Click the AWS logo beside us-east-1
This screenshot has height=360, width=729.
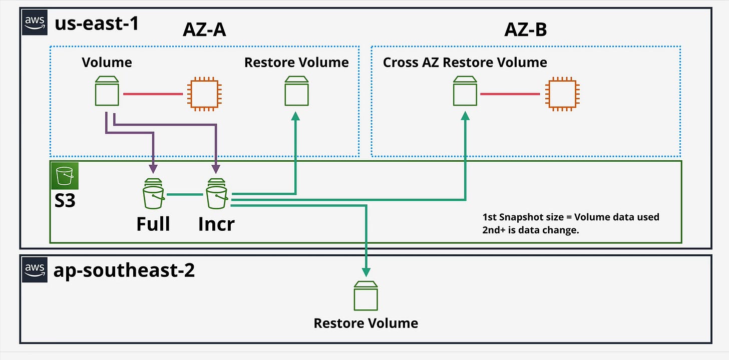click(35, 23)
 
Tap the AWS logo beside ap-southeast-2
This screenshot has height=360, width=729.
click(35, 270)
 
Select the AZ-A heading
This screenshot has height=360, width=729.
click(204, 30)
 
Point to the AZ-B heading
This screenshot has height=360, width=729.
click(526, 30)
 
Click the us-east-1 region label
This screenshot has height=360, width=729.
click(97, 24)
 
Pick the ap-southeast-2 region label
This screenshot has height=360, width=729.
click(124, 270)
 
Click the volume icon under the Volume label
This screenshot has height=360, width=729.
click(107, 91)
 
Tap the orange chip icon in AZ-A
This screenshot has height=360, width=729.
click(204, 94)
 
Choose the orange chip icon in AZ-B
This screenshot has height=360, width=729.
click(562, 94)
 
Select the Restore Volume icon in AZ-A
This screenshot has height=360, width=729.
click(296, 91)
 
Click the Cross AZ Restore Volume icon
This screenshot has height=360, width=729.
click(465, 91)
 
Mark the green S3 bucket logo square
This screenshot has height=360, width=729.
click(65, 176)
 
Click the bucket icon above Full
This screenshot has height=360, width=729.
click(153, 194)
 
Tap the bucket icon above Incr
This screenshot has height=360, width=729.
click(217, 194)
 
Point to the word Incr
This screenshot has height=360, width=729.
click(216, 224)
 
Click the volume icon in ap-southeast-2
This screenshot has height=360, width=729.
click(366, 296)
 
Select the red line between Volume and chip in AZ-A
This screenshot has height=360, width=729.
click(153, 94)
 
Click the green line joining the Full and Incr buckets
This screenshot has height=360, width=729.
click(185, 195)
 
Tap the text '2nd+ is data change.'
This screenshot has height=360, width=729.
click(531, 230)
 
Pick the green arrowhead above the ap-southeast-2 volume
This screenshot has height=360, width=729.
click(366, 272)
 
